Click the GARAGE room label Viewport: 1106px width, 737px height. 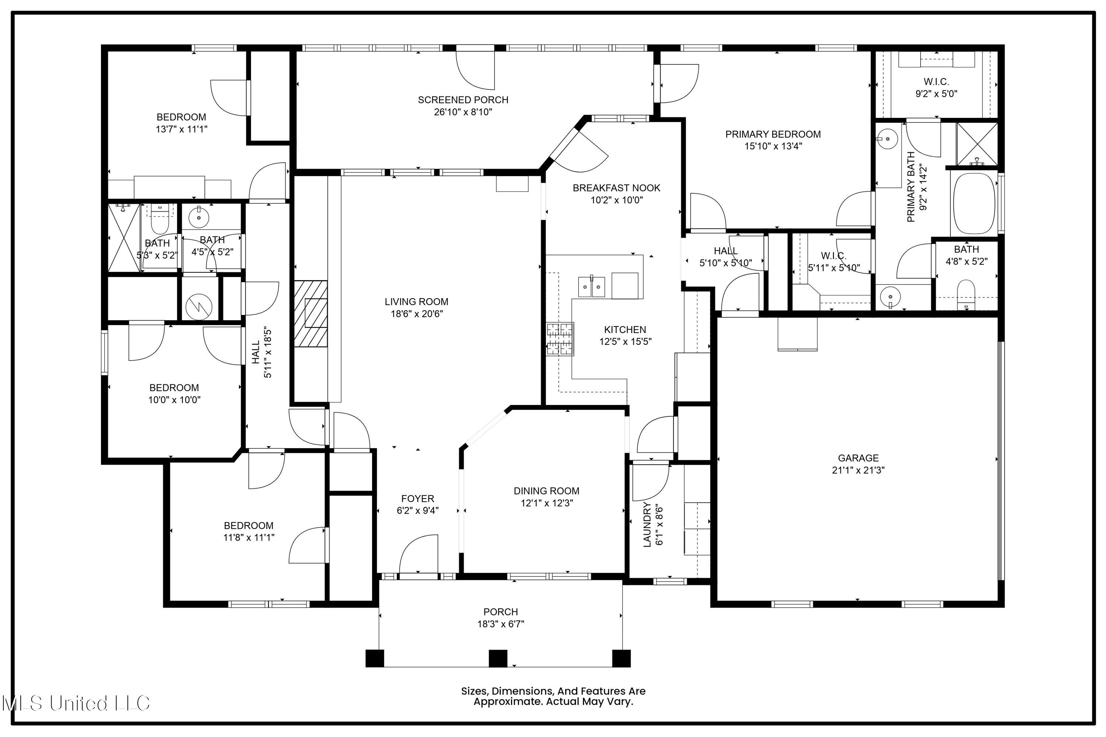[x=858, y=458]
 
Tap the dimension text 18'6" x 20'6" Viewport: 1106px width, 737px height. [x=417, y=314]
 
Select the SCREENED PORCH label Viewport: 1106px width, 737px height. [x=463, y=99]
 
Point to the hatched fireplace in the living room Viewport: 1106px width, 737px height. [x=311, y=314]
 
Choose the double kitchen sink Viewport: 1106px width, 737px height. [x=591, y=287]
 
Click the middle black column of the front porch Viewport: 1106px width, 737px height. [x=498, y=659]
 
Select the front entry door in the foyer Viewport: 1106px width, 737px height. [x=418, y=555]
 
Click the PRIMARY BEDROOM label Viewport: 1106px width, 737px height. [x=773, y=135]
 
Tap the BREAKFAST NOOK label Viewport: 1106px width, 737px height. [x=616, y=188]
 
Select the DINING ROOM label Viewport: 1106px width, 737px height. [x=546, y=491]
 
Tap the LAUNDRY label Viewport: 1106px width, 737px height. [x=647, y=524]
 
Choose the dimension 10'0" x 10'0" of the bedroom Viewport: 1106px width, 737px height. [x=174, y=400]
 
